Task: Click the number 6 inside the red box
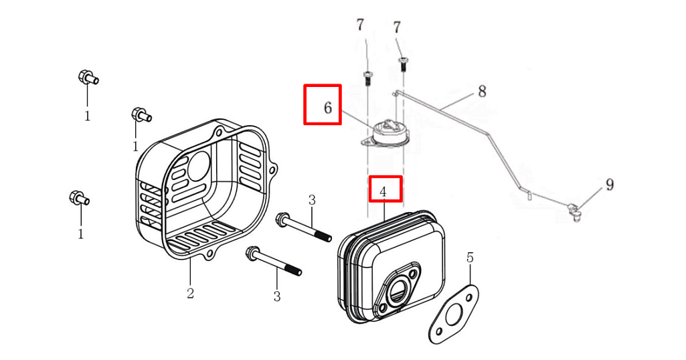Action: click(x=327, y=107)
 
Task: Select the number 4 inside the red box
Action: click(x=383, y=192)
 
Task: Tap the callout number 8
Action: click(x=481, y=92)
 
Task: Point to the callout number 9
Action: click(x=610, y=185)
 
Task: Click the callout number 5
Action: click(x=470, y=258)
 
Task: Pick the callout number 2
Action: click(x=190, y=293)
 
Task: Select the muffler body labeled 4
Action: click(x=392, y=268)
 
